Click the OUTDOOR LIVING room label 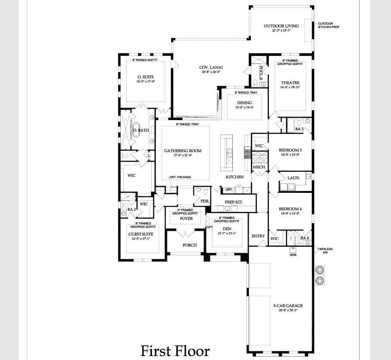click(281, 26)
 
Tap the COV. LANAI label click(211, 67)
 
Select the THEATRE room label click(290, 83)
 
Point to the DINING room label click(244, 103)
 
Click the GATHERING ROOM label click(183, 151)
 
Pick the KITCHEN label click(235, 177)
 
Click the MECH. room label click(259, 167)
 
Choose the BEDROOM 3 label click(290, 150)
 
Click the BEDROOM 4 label click(290, 209)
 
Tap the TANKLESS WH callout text click(325, 251)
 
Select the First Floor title click(175, 351)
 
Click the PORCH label click(190, 245)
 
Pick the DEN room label click(227, 229)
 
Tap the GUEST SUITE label click(141, 234)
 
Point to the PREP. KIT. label click(233, 202)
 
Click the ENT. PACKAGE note click(180, 177)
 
